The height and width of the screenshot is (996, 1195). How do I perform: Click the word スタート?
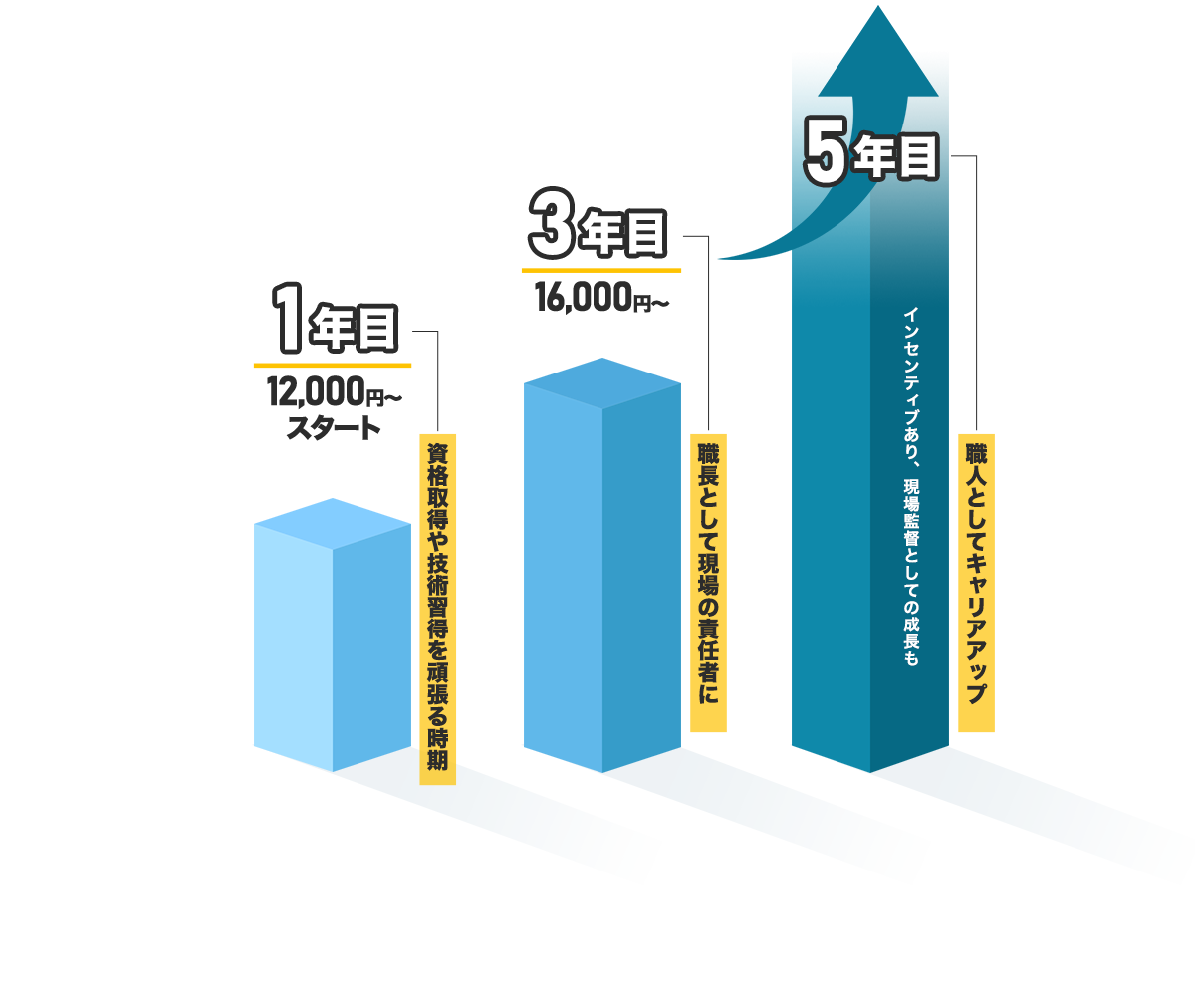(333, 429)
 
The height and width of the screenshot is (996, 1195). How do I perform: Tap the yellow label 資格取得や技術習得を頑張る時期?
(437, 608)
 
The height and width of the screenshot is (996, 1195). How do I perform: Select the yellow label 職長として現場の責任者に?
(708, 582)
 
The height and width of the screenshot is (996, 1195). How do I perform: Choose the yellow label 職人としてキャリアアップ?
(976, 582)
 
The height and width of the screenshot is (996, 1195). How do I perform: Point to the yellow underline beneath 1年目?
(333, 365)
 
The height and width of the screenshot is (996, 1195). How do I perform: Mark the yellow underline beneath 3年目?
(601, 269)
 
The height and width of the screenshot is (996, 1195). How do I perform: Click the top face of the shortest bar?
(333, 524)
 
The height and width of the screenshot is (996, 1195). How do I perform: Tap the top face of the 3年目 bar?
(601, 383)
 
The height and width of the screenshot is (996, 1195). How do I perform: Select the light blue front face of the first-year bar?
(293, 647)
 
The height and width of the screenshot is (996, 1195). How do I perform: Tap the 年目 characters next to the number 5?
(901, 158)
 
